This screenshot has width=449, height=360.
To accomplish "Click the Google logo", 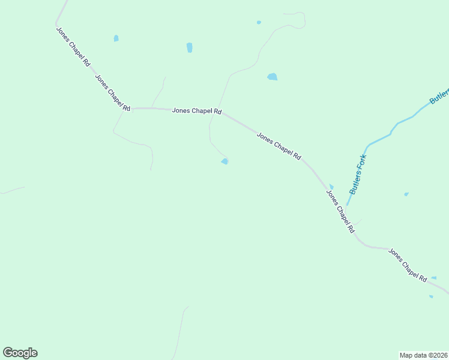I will point(20,353).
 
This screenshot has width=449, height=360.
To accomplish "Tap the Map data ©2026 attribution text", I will point(423,355).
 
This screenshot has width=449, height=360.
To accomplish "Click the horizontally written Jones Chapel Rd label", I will point(197,111).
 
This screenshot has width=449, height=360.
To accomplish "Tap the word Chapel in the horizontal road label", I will point(197,111).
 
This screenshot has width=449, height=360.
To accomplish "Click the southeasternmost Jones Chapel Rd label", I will point(407,265).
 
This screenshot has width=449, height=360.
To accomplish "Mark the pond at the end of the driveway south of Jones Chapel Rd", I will point(224,161).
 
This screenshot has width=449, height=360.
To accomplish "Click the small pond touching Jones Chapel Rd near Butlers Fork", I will point(331,187).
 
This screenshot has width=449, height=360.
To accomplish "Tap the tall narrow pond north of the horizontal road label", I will point(190,47).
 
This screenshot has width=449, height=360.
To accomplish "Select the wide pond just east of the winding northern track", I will point(273,77).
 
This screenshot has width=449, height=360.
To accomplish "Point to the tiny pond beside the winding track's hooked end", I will point(259,23).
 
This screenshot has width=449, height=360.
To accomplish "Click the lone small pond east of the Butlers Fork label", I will point(406,194).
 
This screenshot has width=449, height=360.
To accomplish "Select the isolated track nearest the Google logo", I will point(179,333).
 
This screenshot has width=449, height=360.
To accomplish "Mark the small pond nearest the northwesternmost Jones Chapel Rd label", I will point(116,38).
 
